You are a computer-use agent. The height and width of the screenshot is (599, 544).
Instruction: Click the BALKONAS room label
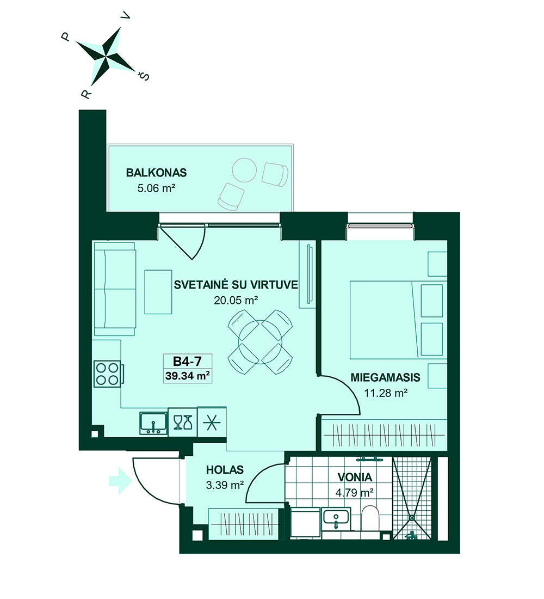[x=156, y=173]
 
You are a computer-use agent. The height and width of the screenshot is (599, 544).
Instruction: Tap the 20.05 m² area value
[x=236, y=300]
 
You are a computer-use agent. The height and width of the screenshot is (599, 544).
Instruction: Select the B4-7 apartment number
[x=187, y=360]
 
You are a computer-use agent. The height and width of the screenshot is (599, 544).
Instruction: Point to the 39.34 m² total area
[x=188, y=375]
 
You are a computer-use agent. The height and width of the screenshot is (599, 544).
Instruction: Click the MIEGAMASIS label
[x=385, y=377]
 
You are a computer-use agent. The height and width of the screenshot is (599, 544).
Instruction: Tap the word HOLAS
[x=225, y=469]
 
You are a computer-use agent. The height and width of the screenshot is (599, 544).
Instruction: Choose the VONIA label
[x=355, y=477]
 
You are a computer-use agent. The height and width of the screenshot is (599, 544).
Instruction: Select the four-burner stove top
[x=107, y=374]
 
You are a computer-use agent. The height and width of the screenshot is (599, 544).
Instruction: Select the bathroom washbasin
[x=336, y=518]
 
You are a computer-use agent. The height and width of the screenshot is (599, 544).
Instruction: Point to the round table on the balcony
[x=244, y=170]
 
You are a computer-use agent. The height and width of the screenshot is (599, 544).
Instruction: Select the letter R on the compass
[x=86, y=94]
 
